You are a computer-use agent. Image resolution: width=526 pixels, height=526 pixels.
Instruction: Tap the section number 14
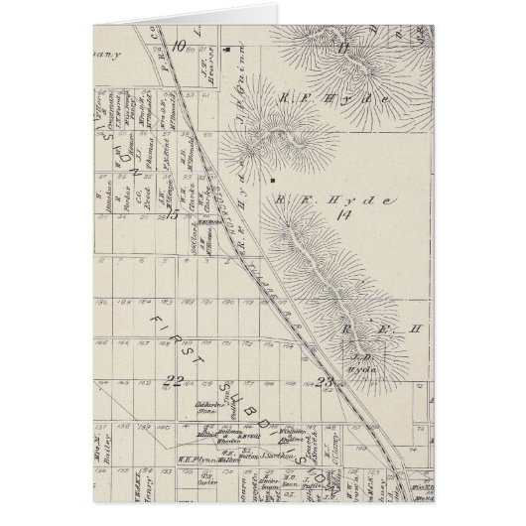pos(343,213)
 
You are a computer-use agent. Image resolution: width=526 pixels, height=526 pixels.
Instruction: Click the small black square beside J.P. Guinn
pos(228,46)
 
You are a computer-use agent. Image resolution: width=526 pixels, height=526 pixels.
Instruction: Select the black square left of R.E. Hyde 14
pos(270,183)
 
